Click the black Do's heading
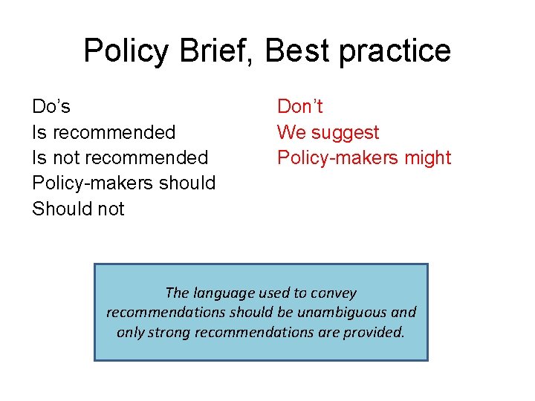pyautogui.click(x=51, y=107)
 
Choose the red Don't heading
pyautogui.click(x=300, y=107)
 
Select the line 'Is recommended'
pyautogui.click(x=103, y=133)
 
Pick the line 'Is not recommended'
pyautogui.click(x=120, y=158)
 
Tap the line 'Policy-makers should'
pyautogui.click(x=123, y=183)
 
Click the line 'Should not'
pyautogui.click(x=78, y=209)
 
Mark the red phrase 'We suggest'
pyautogui.click(x=328, y=133)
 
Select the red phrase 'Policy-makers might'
pyautogui.click(x=364, y=158)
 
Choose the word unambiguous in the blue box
pyautogui.click(x=338, y=313)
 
